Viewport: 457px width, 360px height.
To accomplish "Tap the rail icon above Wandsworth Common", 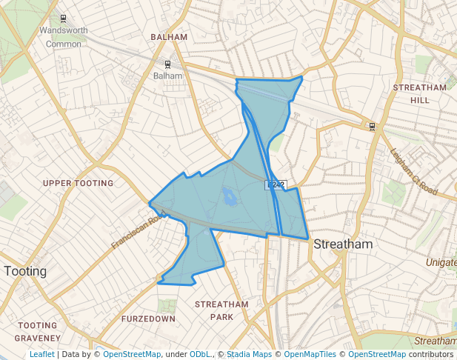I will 63,19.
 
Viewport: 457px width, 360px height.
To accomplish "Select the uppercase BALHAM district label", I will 167,36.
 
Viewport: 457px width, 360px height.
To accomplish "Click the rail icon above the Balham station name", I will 167,64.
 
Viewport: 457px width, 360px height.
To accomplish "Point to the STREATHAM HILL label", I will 420,93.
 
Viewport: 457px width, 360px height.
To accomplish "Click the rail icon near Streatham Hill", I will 372,126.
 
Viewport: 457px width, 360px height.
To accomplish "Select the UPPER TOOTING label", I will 78,183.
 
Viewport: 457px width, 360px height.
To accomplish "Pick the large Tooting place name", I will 25,271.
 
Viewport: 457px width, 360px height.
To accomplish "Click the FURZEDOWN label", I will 148,319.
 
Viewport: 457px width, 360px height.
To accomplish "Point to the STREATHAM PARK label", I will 221,310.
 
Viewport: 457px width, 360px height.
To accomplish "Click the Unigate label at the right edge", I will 441,262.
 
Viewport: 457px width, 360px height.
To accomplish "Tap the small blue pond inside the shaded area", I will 228,197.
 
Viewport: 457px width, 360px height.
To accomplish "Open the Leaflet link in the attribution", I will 41,355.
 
